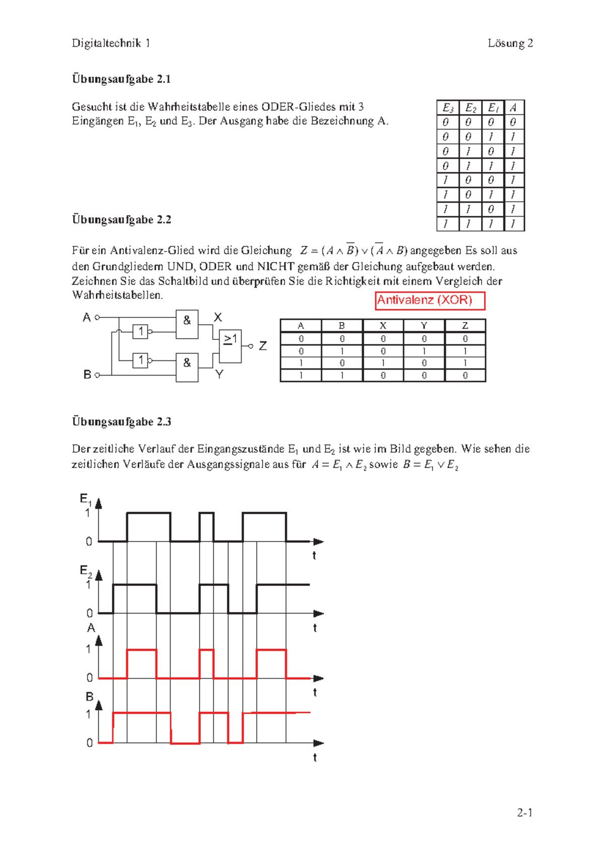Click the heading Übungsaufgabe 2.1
121,79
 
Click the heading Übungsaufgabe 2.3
121,421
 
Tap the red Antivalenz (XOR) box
430,300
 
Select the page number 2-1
524,813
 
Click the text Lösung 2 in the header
510,43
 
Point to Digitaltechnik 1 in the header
111,43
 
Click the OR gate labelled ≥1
230,346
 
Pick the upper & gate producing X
187,324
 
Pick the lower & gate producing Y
187,366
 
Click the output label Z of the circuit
263,346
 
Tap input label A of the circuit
87,318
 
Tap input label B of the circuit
87,375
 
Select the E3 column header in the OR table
447,107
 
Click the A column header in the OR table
513,107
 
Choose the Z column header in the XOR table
465,326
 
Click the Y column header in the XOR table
423,326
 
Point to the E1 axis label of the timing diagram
85,499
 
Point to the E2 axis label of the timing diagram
85,571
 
